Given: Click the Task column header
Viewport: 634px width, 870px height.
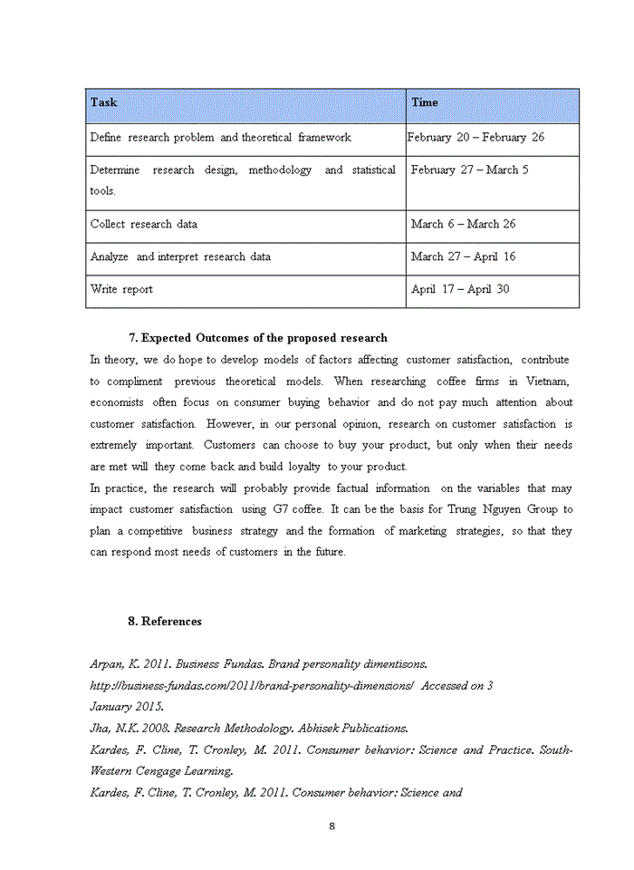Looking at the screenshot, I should [103, 102].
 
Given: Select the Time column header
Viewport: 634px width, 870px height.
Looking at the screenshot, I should [425, 102].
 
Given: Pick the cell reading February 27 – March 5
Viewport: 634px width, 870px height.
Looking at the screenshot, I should [469, 170].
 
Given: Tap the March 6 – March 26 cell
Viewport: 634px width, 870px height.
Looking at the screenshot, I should [464, 224].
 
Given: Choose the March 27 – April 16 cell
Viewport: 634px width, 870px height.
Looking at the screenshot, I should [463, 256].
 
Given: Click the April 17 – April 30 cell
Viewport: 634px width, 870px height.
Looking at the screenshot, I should [460, 289].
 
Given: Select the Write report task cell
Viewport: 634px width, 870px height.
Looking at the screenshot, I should [121, 289].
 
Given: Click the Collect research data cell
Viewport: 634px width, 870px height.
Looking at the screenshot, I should [143, 224].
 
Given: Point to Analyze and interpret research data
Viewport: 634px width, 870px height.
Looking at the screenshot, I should [180, 256].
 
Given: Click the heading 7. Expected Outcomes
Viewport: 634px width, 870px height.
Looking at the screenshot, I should [257, 338].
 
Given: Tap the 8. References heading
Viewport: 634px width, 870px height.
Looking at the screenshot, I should [165, 621].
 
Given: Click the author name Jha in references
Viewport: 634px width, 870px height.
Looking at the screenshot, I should [99, 728].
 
